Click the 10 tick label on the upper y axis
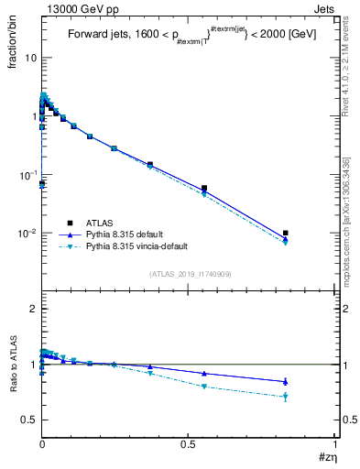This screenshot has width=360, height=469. click(x=28, y=58)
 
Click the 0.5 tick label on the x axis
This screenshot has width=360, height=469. click(x=189, y=443)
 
